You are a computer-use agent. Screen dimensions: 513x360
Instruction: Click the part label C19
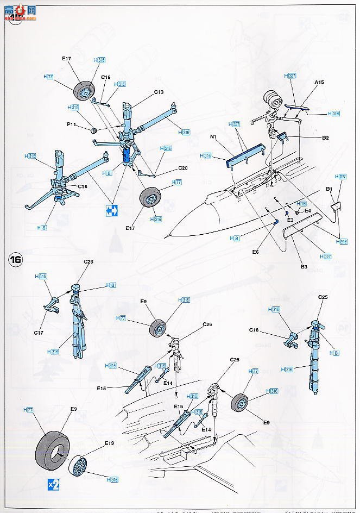[x=106, y=78]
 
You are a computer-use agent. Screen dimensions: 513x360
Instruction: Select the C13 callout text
[x=158, y=92]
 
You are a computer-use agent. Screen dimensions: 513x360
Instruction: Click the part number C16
[x=83, y=186]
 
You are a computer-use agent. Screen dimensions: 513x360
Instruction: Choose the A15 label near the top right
[x=319, y=83]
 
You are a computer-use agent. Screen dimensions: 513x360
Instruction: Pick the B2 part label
[x=325, y=138]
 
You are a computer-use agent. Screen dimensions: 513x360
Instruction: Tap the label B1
[x=329, y=189]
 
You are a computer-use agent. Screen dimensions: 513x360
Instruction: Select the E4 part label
[x=307, y=210]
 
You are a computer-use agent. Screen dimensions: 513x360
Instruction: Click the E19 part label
[x=110, y=443]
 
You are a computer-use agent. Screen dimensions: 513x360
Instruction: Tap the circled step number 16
[x=15, y=259]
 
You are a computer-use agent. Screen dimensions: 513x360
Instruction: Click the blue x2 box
[x=51, y=483]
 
